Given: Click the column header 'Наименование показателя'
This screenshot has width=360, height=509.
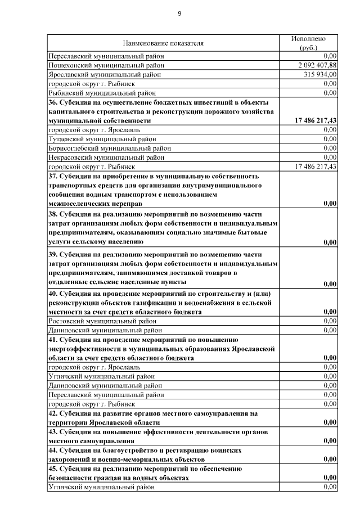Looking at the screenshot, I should [163, 43].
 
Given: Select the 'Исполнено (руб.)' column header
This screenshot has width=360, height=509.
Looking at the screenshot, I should [308, 43].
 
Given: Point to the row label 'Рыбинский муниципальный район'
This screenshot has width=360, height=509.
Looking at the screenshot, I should [101, 93].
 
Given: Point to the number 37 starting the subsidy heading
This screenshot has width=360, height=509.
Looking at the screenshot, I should [52, 176].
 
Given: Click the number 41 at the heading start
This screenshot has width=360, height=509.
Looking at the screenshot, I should [52, 340].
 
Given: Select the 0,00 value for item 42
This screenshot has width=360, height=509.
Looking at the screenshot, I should [330, 422].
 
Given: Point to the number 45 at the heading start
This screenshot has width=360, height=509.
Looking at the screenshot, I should [52, 469].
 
